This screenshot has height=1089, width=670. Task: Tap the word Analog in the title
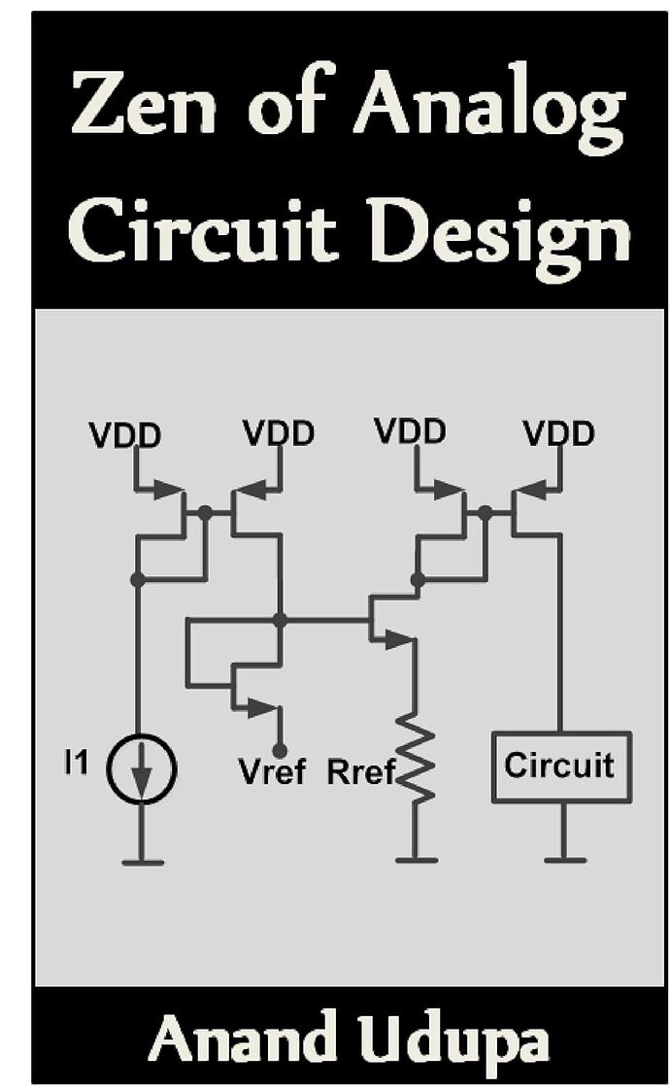(487, 109)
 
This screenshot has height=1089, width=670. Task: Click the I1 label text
(76, 764)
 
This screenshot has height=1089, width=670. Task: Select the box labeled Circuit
(560, 766)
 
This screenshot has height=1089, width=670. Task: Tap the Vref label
(272, 773)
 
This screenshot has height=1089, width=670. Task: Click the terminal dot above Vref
(279, 750)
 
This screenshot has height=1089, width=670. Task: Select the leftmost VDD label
(124, 436)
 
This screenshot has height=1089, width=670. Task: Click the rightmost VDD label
(558, 433)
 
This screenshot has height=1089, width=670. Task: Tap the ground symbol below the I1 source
(144, 861)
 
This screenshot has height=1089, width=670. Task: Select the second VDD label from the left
(279, 433)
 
